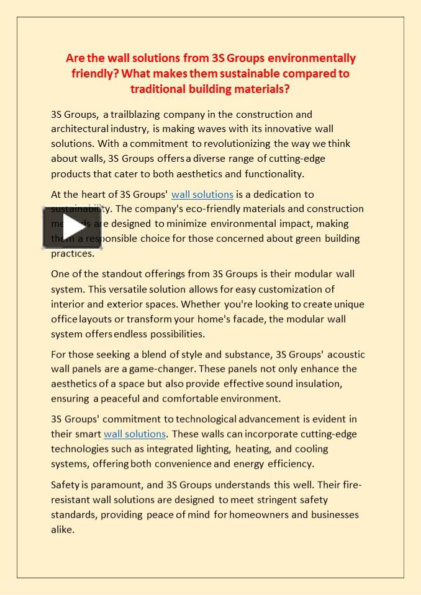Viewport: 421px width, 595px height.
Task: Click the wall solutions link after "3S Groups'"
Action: (202, 195)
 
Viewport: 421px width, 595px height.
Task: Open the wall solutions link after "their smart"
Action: (135, 434)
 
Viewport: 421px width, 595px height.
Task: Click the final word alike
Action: (62, 529)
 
